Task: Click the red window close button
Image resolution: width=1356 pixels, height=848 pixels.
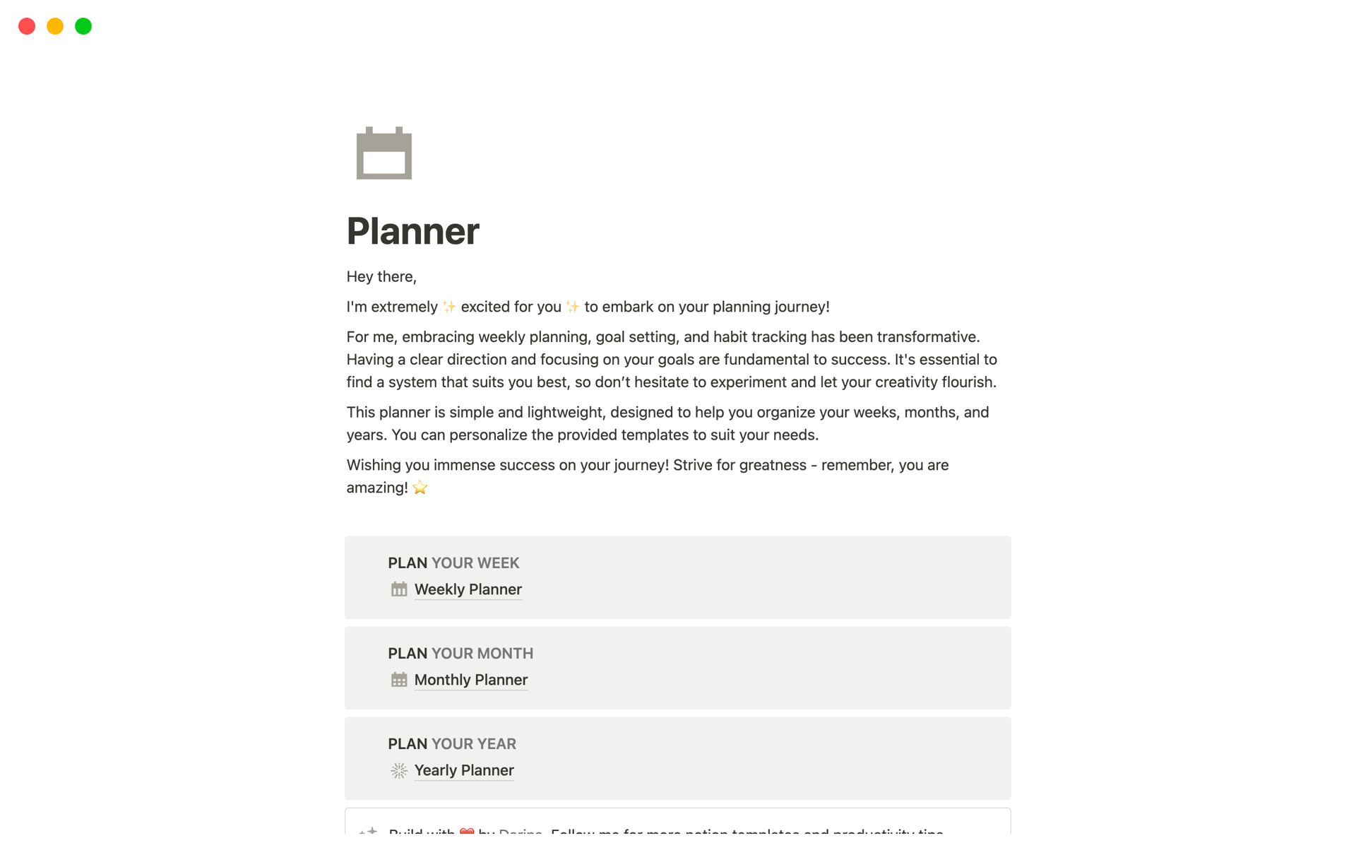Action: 27,26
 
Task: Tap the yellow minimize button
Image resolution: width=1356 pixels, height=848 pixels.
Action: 55,26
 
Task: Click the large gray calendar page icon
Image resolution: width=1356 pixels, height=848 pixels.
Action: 383,153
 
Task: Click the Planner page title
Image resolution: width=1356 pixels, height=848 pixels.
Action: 412,231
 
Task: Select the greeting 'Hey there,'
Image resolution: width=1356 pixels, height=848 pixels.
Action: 381,276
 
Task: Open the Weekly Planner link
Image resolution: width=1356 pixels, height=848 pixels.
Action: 468,589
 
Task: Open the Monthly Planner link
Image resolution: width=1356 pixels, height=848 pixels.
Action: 470,680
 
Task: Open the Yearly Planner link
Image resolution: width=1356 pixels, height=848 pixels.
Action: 463,770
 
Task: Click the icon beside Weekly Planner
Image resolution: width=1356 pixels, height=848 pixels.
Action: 399,589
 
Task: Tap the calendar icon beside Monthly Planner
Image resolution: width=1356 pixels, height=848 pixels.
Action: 399,680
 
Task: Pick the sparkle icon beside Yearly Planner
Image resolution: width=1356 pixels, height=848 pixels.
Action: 399,770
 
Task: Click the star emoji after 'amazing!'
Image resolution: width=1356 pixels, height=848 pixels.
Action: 420,488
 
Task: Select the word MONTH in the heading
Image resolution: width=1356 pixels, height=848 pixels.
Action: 505,654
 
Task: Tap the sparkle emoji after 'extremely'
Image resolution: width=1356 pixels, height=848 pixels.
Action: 449,307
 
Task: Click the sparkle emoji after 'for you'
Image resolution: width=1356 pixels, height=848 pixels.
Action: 572,307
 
